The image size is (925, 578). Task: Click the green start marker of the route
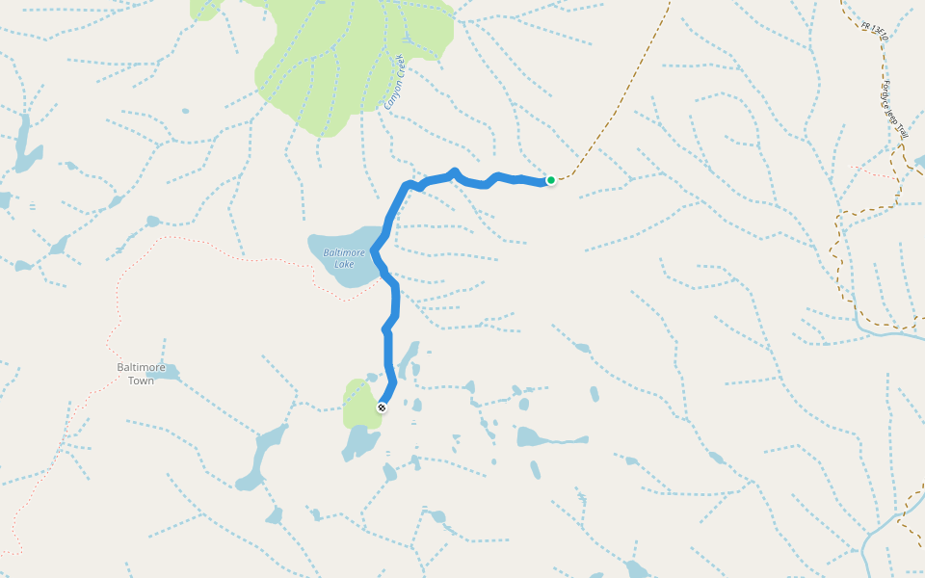(x=551, y=180)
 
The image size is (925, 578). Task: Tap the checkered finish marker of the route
(x=383, y=407)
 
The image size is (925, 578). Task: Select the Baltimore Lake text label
(x=344, y=258)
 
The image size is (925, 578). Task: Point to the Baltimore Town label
(x=141, y=374)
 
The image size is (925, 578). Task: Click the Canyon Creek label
(x=396, y=81)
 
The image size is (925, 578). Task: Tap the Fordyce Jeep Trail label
(x=895, y=109)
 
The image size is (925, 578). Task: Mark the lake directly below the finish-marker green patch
(x=362, y=442)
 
